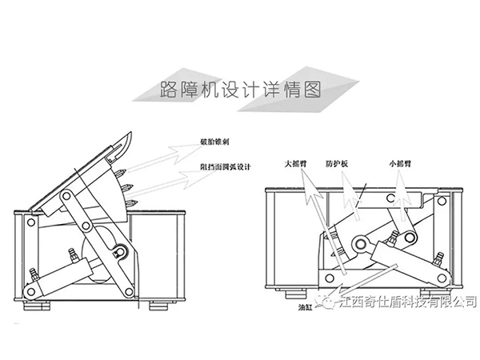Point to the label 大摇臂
pos(297,160)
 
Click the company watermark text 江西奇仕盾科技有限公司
pos(408,302)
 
